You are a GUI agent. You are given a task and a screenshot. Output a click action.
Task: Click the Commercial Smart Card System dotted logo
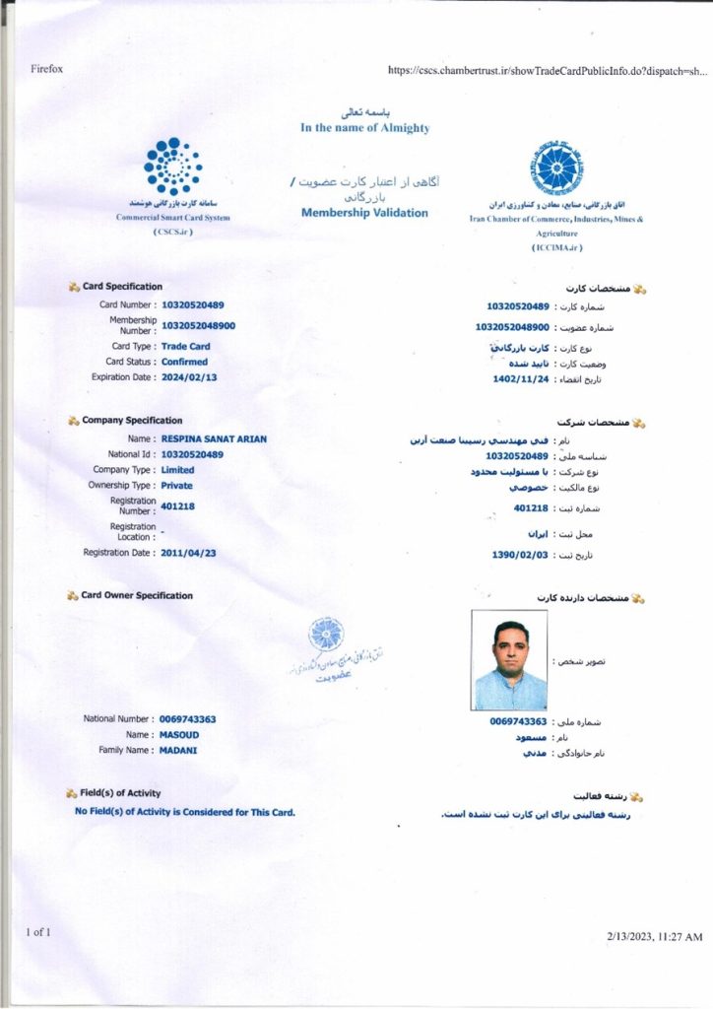pos(172,166)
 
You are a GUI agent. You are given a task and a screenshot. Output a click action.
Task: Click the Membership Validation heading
pos(364,213)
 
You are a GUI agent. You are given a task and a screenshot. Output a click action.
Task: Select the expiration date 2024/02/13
pos(189,377)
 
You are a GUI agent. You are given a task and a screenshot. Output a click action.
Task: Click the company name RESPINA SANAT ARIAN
pos(214,438)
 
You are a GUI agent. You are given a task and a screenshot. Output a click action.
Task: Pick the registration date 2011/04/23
pos(189,553)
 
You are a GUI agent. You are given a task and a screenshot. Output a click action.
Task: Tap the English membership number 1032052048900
pos(198,325)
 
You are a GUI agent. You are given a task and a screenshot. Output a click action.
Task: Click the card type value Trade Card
pos(186,346)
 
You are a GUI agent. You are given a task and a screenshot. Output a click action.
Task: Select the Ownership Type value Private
pos(177,486)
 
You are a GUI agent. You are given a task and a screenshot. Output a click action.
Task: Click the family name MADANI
pos(178,750)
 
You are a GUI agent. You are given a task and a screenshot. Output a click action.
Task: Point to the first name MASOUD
pos(179,734)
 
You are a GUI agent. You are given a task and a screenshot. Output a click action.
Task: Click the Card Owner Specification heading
pos(137,595)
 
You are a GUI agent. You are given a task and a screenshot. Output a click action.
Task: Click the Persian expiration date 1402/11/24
pos(520,378)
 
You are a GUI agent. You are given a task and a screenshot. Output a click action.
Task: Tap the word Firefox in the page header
pos(47,68)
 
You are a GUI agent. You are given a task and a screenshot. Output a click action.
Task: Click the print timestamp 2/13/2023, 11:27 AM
pos(654,935)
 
